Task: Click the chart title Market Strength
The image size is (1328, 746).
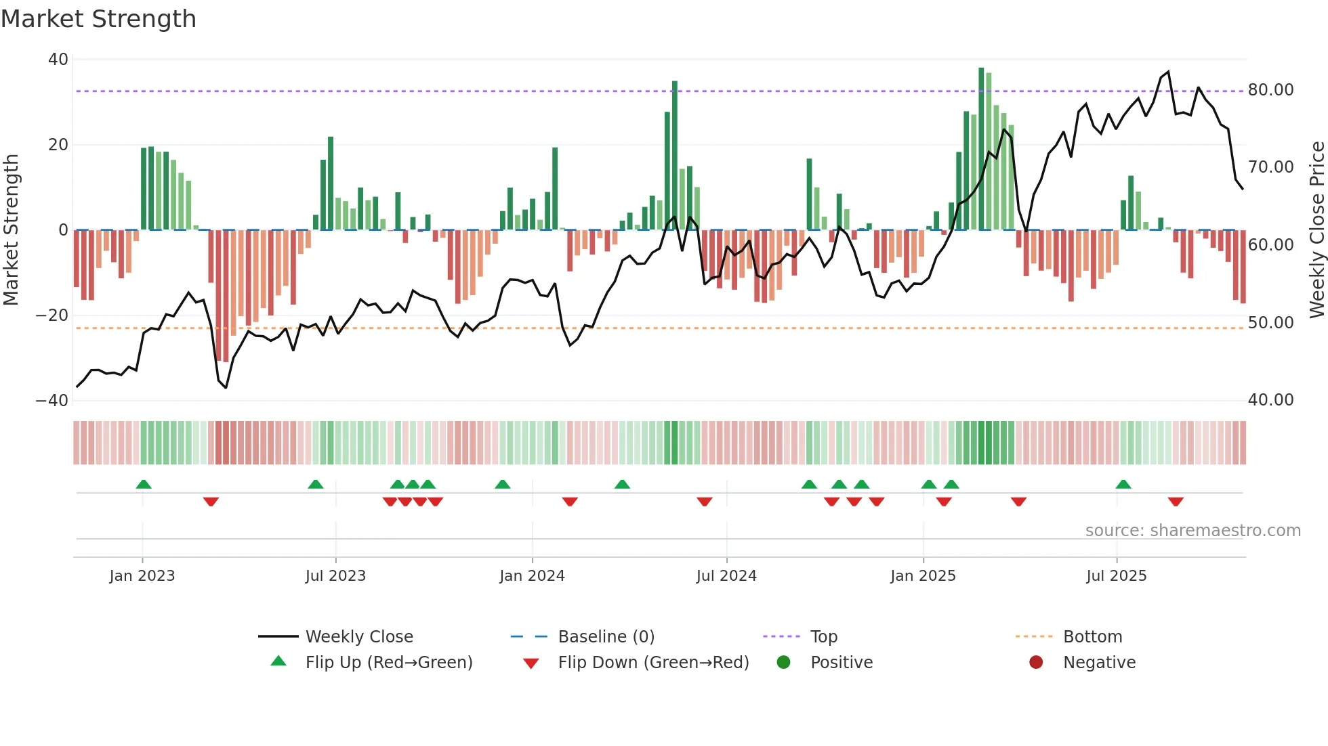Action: point(98,19)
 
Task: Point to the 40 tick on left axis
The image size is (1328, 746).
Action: point(58,60)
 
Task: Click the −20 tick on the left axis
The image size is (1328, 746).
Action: point(52,315)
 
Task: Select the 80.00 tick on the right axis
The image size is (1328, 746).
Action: point(1270,90)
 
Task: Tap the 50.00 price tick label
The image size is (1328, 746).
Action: point(1270,323)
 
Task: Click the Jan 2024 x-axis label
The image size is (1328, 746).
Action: point(532,576)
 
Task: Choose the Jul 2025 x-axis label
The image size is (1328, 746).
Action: point(1116,576)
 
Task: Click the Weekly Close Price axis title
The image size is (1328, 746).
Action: point(1316,230)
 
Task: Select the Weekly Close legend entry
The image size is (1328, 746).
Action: point(358,637)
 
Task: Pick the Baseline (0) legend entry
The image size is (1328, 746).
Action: point(606,637)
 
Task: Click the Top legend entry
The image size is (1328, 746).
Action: point(823,637)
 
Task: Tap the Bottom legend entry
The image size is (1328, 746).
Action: point(1092,637)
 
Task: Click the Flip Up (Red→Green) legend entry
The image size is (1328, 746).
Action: point(388,663)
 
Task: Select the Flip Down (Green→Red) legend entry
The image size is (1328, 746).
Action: point(653,663)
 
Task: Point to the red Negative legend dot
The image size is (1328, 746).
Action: point(1036,663)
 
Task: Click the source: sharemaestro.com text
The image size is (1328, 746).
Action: point(1192,531)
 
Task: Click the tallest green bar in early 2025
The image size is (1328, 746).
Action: point(981,149)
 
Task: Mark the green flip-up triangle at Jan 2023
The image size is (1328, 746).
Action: point(144,484)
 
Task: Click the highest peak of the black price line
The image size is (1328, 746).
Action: point(1168,72)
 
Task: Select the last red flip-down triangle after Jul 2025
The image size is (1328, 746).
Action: point(1176,502)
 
